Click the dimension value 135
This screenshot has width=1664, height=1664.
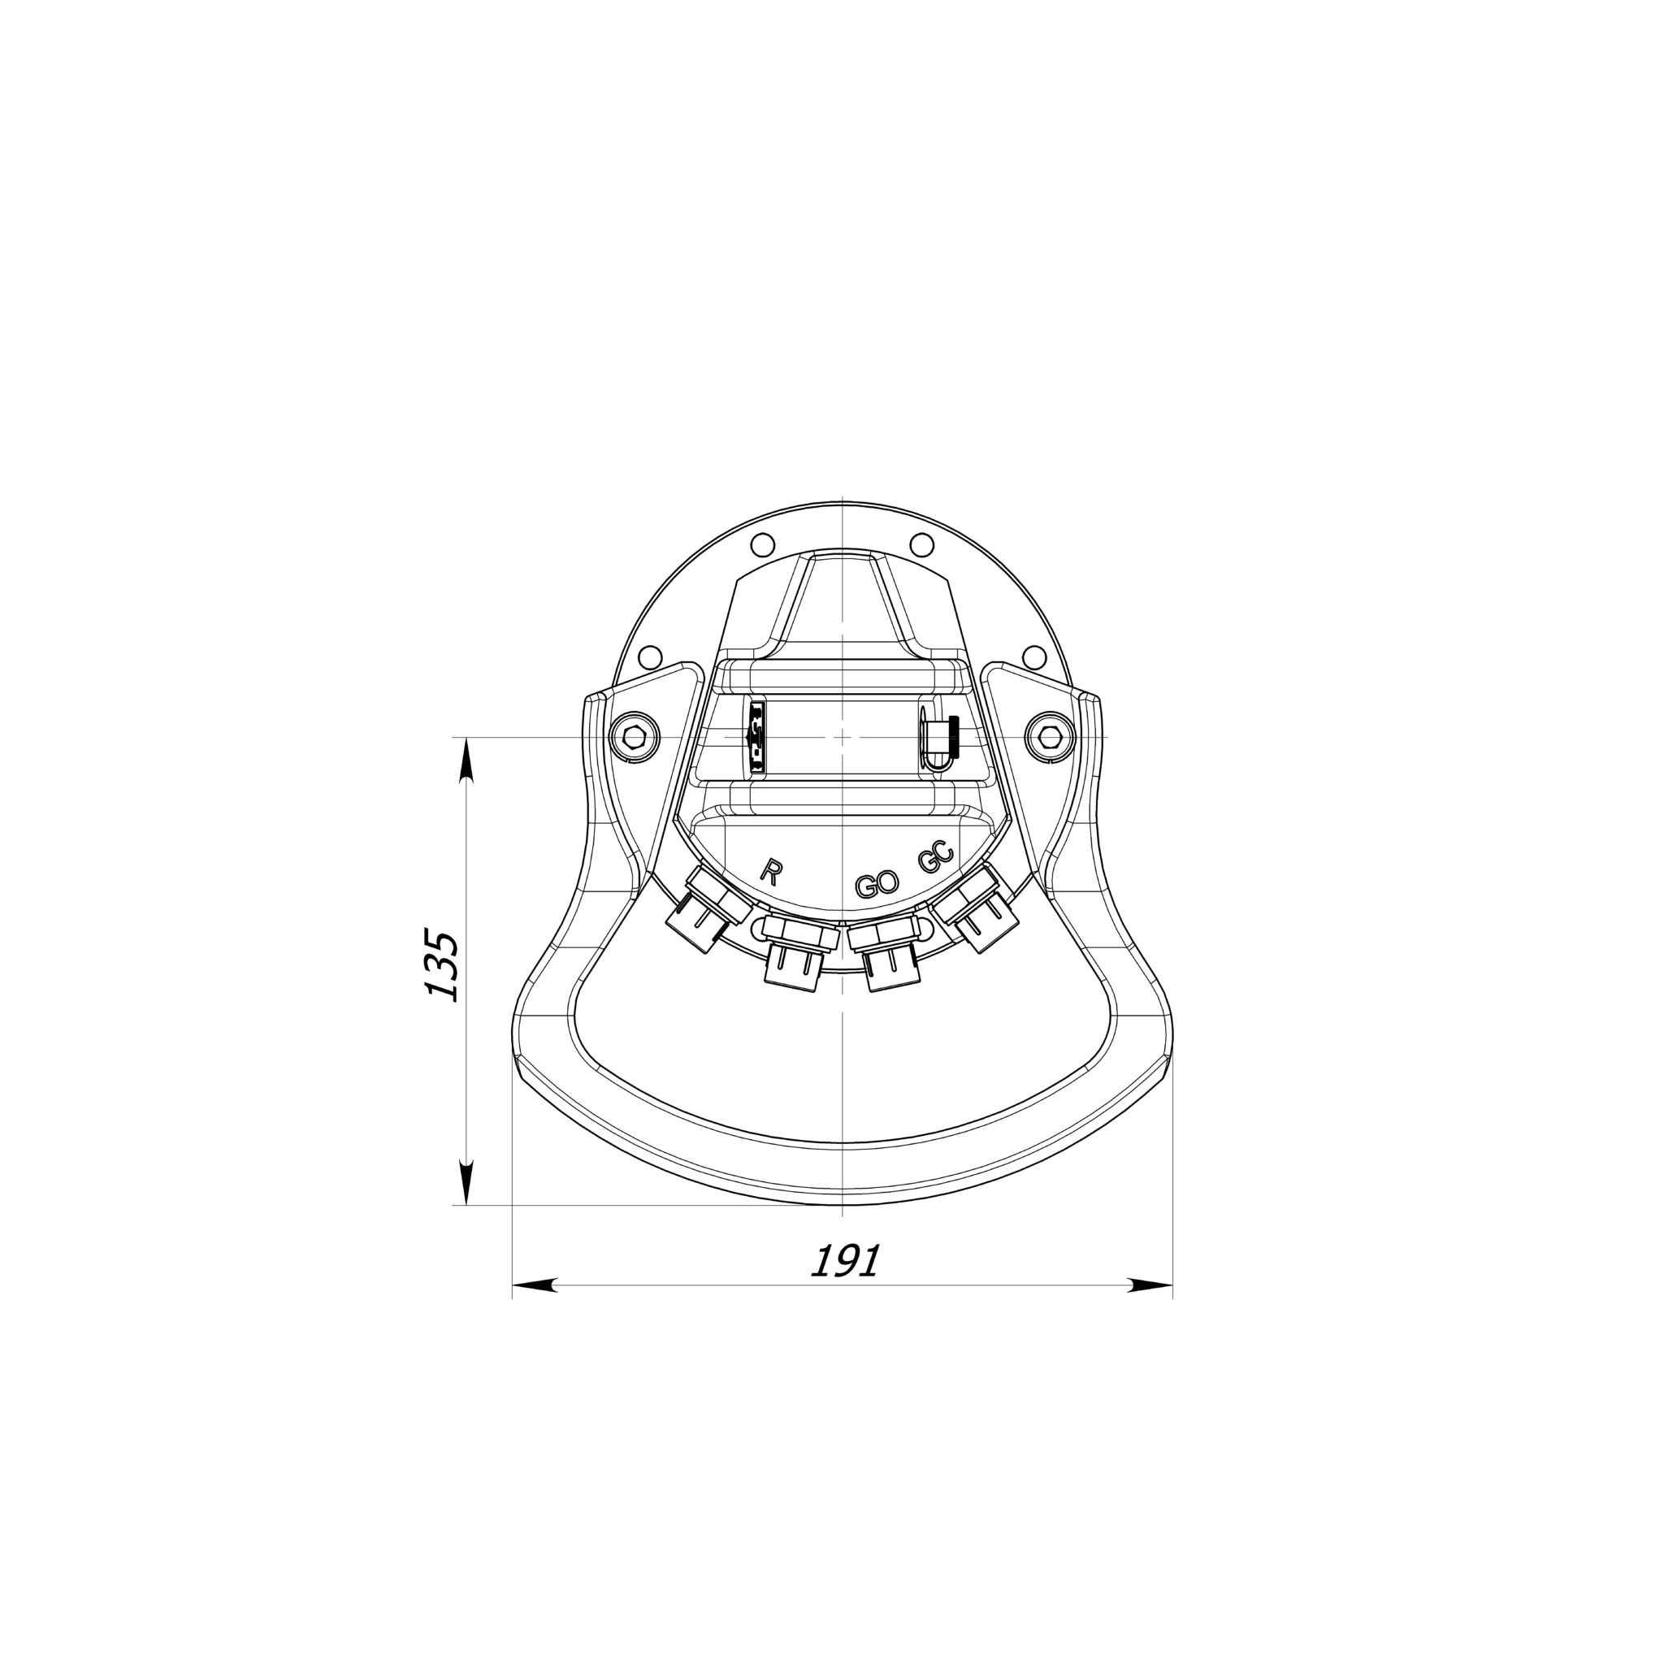(444, 965)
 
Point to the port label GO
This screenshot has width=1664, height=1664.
(877, 884)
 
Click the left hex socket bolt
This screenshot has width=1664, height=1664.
(634, 737)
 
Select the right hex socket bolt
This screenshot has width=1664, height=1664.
(1050, 737)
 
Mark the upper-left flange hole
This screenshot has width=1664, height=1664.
(761, 545)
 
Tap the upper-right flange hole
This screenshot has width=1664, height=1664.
(921, 545)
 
